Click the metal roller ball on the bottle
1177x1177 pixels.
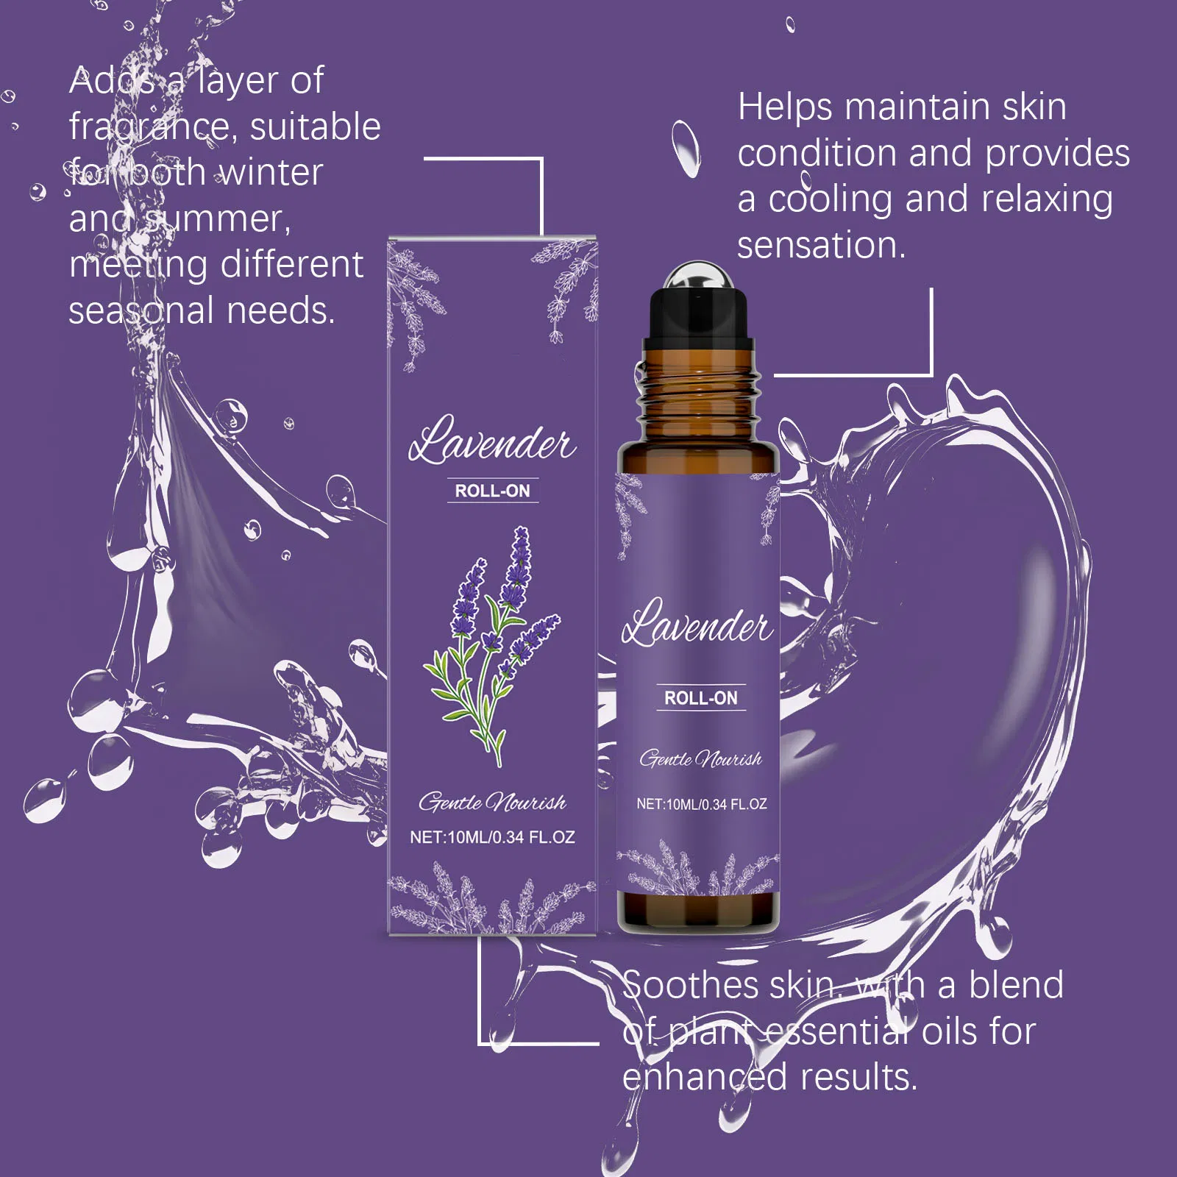697,278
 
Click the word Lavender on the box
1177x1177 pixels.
492,439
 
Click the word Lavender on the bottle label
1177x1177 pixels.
697,622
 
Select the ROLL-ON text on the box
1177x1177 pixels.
492,491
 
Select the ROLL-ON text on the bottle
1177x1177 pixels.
700,698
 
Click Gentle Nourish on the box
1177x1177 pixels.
492,802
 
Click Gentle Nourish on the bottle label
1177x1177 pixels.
700,758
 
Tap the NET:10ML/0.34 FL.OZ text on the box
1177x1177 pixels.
492,837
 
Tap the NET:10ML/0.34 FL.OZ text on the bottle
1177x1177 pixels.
701,804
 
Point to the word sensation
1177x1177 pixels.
821,245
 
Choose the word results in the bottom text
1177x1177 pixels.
858,1078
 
